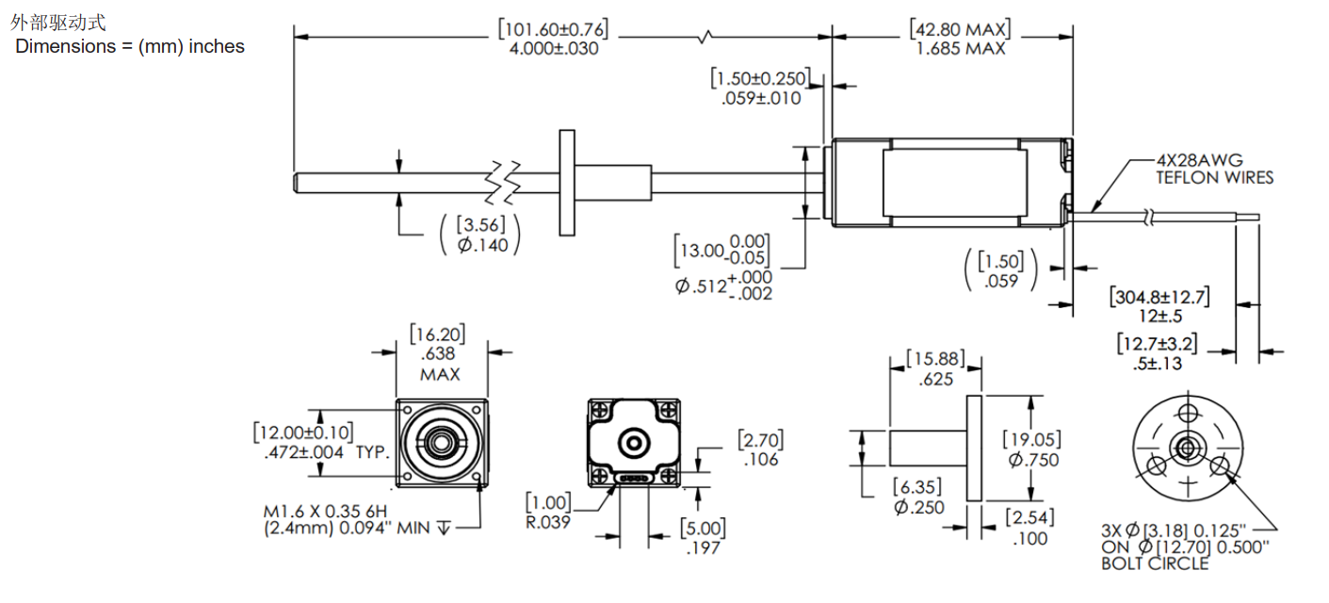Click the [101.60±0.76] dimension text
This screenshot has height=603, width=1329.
tap(553, 29)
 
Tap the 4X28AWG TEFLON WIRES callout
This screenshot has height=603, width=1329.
tap(1214, 169)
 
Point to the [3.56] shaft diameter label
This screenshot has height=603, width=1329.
tap(480, 225)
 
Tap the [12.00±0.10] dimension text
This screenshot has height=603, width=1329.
tap(303, 432)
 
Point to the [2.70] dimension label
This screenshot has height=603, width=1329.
tap(759, 440)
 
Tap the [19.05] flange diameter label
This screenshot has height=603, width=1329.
tap(1031, 439)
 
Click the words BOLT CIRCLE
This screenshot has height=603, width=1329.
tap(1155, 563)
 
